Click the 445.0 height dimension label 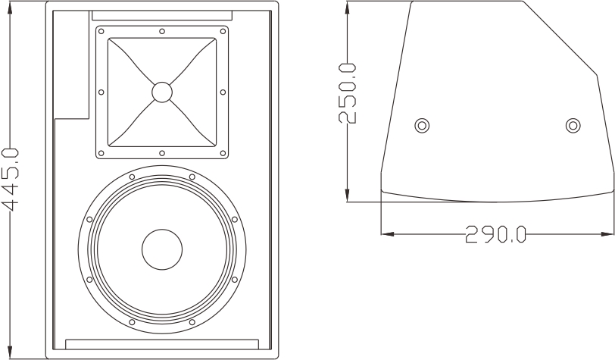click(10, 179)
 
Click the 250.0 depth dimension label click(347, 93)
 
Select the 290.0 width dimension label click(495, 234)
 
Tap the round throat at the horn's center click(162, 92)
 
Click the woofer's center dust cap click(162, 249)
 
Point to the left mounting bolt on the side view click(422, 126)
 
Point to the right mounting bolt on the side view click(573, 125)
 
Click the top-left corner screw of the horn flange click(101, 31)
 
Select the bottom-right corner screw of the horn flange click(223, 153)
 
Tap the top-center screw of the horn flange click(162, 31)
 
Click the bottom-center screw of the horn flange click(162, 153)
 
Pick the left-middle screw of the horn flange click(101, 92)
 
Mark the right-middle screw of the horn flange click(223, 92)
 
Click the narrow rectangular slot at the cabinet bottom click(162, 344)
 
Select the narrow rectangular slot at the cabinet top click(162, 15)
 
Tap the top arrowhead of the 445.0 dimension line click(10, 8)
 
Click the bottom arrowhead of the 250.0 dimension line click(347, 195)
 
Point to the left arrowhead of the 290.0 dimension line click(388, 234)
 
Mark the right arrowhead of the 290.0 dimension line click(607, 234)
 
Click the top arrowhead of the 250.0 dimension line click(347, 8)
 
